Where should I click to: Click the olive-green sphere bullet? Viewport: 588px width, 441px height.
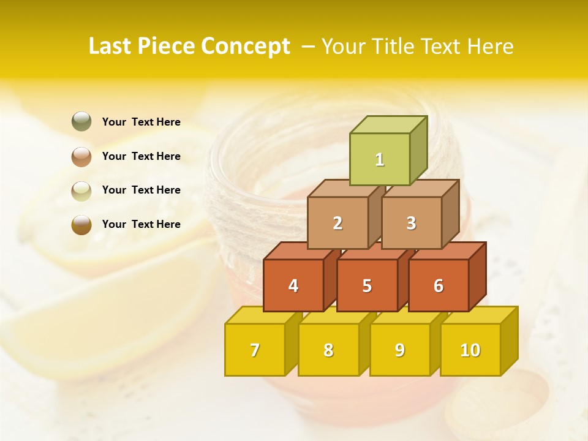(x=81, y=122)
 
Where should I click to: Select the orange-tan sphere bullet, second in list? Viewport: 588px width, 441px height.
(x=81, y=156)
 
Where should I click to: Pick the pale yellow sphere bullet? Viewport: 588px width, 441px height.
(x=81, y=190)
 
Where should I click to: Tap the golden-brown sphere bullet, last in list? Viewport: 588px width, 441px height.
(x=81, y=224)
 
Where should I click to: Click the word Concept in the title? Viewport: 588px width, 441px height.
(x=246, y=47)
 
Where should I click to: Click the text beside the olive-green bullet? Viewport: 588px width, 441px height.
(x=141, y=122)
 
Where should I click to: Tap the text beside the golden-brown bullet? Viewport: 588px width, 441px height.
(x=141, y=224)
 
